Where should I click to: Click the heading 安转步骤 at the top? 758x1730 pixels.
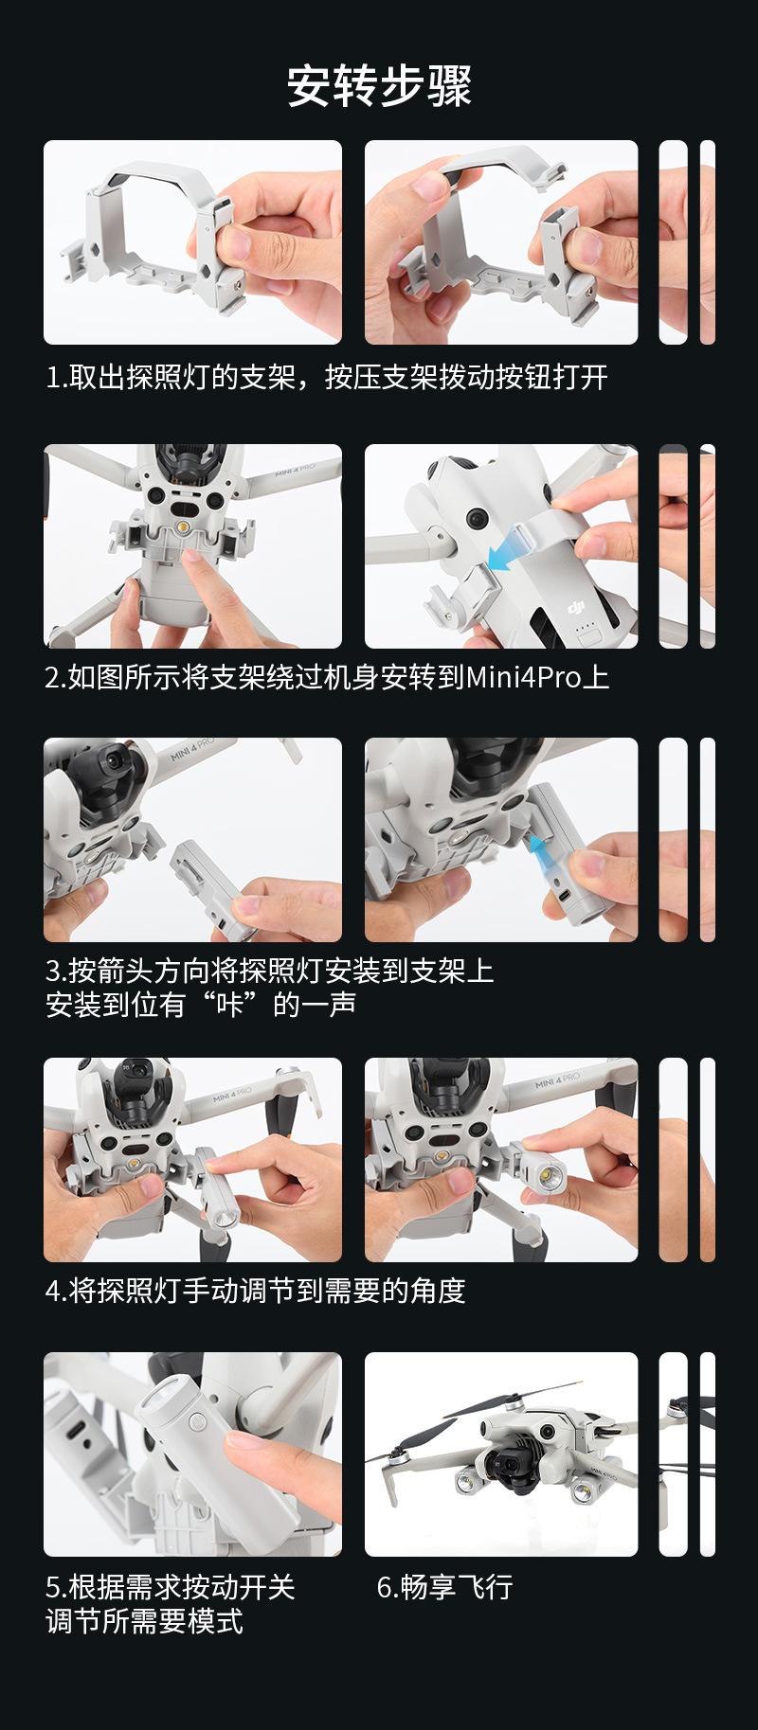click(x=379, y=86)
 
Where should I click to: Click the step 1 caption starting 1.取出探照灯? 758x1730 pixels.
click(x=327, y=378)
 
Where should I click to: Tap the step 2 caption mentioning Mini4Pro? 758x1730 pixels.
click(x=328, y=677)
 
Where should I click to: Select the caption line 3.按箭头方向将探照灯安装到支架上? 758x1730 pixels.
click(x=270, y=971)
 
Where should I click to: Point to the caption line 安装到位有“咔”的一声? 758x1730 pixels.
click(x=201, y=1005)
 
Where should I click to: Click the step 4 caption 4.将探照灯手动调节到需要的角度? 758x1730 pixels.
click(x=256, y=1291)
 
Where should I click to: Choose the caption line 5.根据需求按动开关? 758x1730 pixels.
click(x=171, y=1586)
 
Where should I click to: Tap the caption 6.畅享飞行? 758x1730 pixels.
click(x=444, y=1586)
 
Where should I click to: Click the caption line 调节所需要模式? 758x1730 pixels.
click(x=144, y=1621)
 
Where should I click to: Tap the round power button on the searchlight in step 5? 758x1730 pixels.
click(x=196, y=1421)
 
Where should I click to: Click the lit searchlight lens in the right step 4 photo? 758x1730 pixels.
click(x=550, y=1177)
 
